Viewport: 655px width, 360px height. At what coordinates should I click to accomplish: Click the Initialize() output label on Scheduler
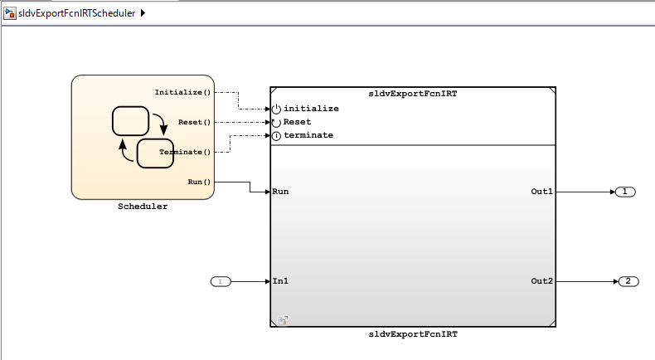(x=183, y=92)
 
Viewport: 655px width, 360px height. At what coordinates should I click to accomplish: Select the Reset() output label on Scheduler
(x=195, y=122)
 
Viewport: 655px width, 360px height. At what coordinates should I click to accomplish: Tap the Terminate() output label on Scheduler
(x=185, y=152)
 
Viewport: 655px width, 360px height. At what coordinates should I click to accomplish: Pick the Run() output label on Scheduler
(x=200, y=182)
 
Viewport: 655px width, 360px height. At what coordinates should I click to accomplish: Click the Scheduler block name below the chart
(x=143, y=207)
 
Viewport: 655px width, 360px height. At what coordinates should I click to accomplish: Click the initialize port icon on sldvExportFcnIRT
(x=276, y=109)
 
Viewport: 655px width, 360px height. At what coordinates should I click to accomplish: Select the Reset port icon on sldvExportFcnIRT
(x=276, y=122)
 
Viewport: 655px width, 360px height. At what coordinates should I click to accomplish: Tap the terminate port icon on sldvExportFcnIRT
(x=276, y=135)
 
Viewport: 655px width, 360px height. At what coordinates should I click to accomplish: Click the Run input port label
(x=280, y=192)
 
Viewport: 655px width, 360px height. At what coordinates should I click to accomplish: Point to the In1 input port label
(x=280, y=281)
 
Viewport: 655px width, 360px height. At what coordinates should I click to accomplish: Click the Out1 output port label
(x=541, y=192)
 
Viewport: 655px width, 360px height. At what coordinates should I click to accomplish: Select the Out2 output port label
(x=541, y=281)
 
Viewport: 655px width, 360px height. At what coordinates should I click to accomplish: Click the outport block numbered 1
(x=625, y=192)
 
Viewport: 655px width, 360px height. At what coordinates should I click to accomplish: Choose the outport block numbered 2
(x=628, y=281)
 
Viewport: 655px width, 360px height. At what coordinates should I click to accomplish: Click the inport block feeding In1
(x=220, y=281)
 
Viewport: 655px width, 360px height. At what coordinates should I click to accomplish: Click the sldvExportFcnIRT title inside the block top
(x=413, y=94)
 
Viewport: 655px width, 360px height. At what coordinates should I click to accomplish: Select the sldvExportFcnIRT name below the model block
(x=413, y=334)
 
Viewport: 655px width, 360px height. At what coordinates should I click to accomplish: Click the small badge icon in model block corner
(x=282, y=319)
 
